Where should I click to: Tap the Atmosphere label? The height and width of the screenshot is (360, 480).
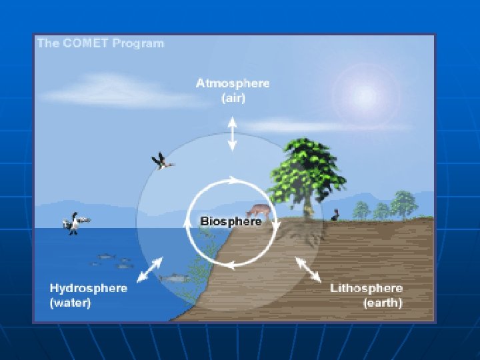tap(233, 84)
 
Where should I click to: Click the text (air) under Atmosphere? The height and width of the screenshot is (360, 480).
tap(233, 99)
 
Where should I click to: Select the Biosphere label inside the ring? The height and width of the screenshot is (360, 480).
tap(231, 221)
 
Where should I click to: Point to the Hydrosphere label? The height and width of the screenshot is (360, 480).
tap(89, 289)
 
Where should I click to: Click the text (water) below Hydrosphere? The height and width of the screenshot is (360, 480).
tap(71, 303)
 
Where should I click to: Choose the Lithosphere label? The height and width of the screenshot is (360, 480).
tap(367, 289)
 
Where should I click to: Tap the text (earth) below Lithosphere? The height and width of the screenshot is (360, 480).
tap(383, 303)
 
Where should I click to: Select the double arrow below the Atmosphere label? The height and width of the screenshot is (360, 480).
tap(232, 133)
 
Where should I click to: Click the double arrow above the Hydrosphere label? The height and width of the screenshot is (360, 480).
tap(149, 269)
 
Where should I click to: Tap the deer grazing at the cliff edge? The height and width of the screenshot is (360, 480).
tap(261, 213)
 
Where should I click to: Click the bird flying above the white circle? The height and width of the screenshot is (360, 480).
tap(161, 161)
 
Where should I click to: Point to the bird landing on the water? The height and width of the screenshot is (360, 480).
tap(76, 223)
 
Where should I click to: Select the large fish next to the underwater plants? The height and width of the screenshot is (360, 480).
tap(171, 277)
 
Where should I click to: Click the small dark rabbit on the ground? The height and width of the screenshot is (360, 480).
tap(337, 215)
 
